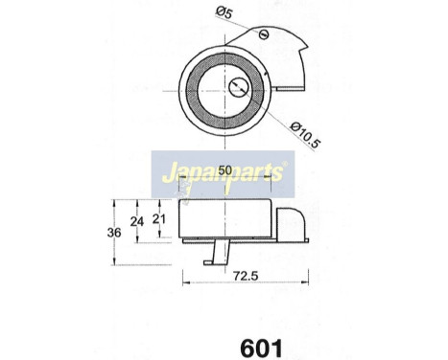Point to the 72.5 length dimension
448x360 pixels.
point(243,275)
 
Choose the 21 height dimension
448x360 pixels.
point(161,219)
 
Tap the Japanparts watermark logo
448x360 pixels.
point(224,175)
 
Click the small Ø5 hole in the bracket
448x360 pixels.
point(264,35)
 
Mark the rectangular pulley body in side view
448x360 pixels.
point(226,220)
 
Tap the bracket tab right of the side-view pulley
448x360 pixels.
point(290,225)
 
